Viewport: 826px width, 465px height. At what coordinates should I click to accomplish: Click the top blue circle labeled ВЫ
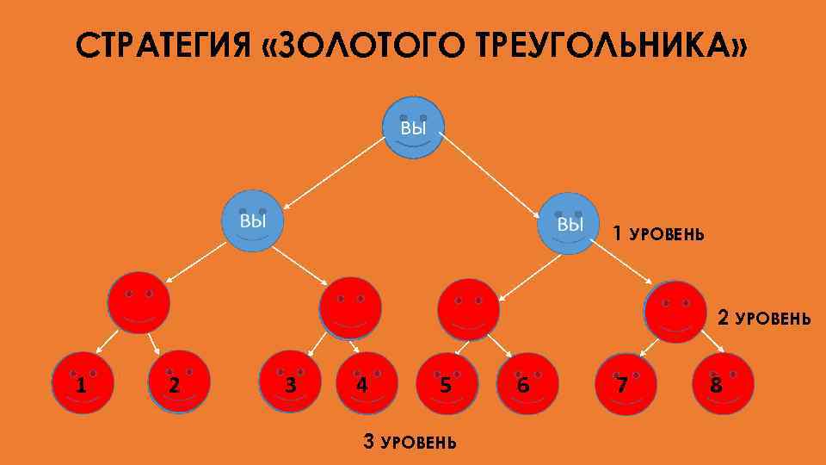pos(413,127)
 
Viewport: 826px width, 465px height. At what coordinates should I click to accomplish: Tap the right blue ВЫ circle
pos(568,221)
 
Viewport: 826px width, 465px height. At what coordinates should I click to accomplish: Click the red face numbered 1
pos(83,382)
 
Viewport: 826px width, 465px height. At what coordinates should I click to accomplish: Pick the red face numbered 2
pos(178,381)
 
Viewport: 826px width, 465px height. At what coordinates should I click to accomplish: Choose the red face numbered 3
pos(289,382)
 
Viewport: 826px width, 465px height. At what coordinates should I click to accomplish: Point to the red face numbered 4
pos(365,382)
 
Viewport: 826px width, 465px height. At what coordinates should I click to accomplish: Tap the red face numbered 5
pos(445,383)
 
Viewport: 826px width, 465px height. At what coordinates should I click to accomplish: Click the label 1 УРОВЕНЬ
pos(658,233)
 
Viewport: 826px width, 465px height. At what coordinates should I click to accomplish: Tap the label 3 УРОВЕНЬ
pos(410,443)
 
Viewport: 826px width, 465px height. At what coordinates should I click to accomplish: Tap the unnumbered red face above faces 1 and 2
pos(139,303)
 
